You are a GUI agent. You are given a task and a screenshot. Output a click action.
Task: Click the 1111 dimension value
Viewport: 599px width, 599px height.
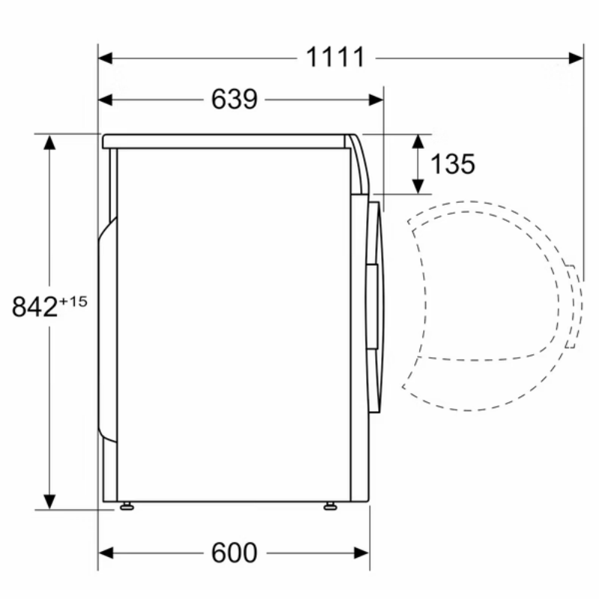pyautogui.click(x=335, y=58)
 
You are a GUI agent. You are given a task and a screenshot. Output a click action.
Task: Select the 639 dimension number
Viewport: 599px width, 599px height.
pyautogui.click(x=234, y=100)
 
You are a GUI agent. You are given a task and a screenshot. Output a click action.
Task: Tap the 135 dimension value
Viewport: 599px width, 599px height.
pyautogui.click(x=453, y=164)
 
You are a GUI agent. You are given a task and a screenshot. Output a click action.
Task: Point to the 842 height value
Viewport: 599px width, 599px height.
pyautogui.click(x=34, y=306)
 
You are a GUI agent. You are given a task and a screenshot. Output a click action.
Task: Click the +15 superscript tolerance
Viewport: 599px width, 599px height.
pyautogui.click(x=73, y=302)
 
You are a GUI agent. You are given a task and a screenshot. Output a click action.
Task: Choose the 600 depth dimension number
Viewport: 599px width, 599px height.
pyautogui.click(x=234, y=553)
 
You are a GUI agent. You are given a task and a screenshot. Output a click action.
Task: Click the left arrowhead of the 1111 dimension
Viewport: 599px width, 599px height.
pyautogui.click(x=106, y=58)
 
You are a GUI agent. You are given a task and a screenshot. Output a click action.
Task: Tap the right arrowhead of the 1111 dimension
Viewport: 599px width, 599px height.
pyautogui.click(x=576, y=58)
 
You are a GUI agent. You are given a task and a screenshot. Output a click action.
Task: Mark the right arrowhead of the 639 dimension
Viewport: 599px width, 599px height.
pyautogui.click(x=377, y=100)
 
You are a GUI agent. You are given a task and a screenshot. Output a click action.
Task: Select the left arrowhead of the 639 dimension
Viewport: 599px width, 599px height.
pyautogui.click(x=106, y=100)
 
